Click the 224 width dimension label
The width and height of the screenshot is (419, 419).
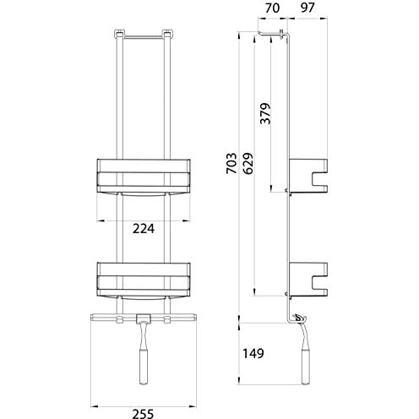pos(144,229)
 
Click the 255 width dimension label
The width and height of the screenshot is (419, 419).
pos(144,414)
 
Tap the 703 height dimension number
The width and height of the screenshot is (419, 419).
pos(231,163)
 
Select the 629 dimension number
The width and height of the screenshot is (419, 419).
pos(248,163)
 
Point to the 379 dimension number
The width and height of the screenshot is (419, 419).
pos(265,113)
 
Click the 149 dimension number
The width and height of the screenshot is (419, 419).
pos(253,353)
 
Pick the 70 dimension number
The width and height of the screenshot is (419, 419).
pos(273,8)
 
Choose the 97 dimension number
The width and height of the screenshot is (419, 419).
pos(307,8)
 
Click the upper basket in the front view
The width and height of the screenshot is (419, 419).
pos(144,177)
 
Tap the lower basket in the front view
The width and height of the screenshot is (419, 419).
pos(144,281)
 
